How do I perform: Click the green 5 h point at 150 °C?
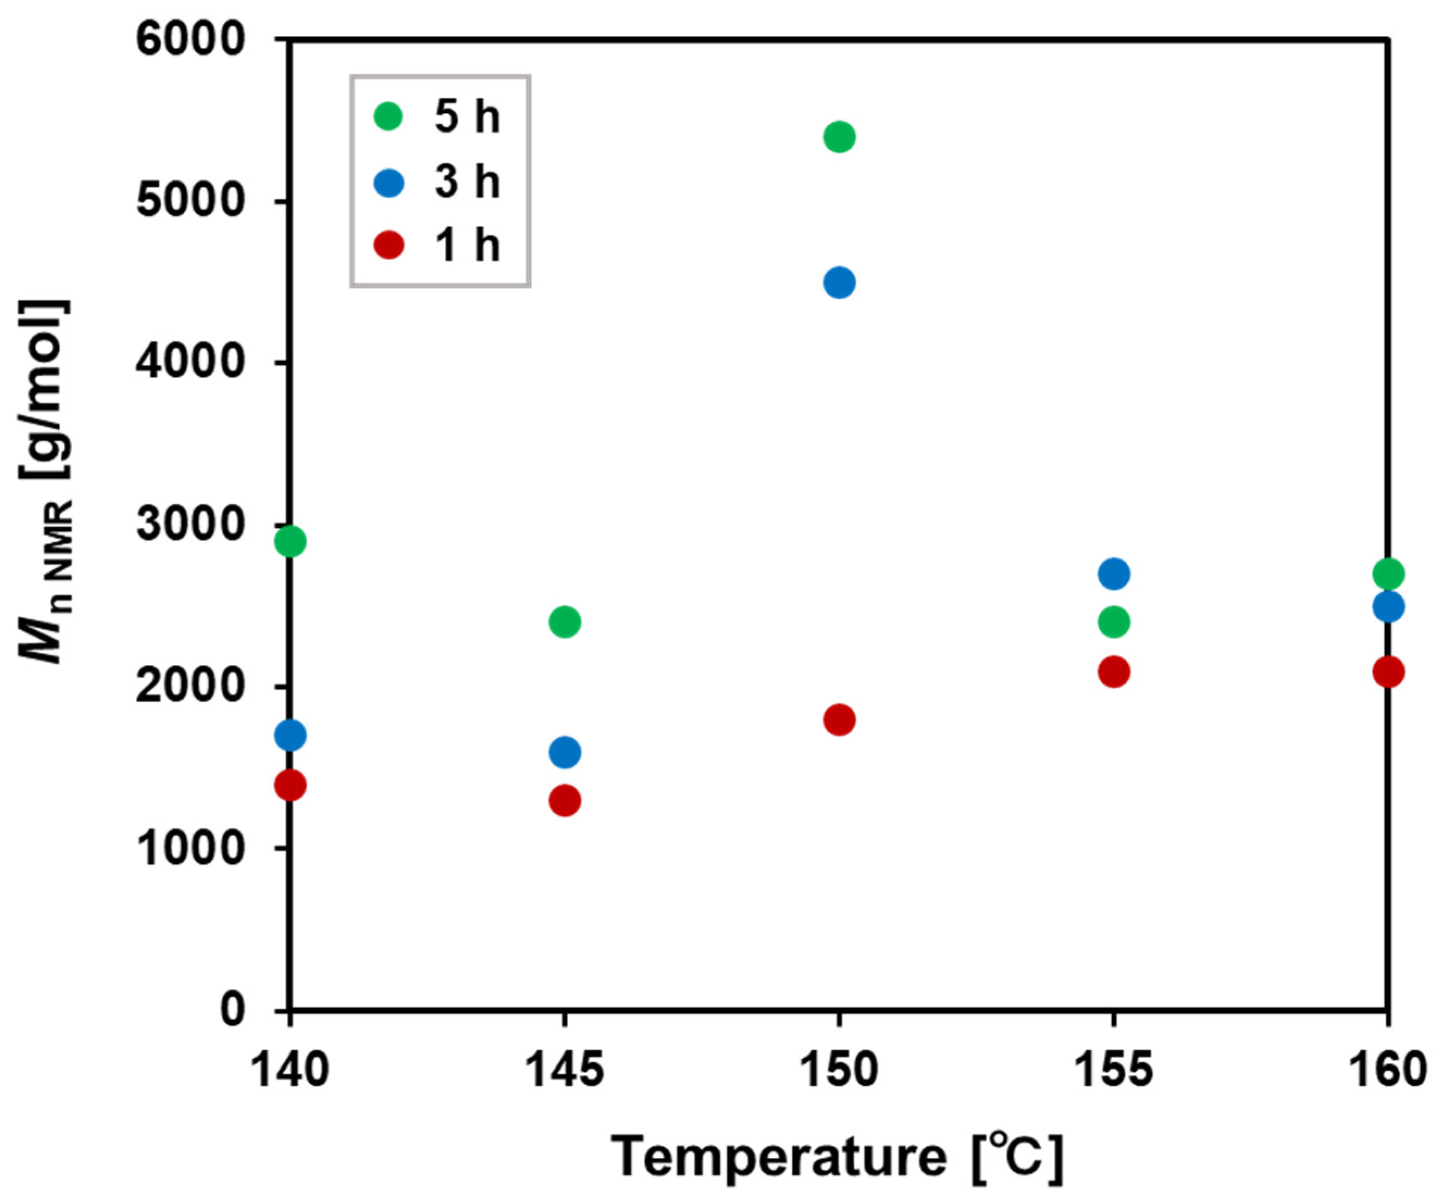point(838,136)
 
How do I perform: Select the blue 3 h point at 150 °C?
point(838,282)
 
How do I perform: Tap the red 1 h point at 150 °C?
point(838,719)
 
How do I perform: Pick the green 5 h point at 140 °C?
point(290,541)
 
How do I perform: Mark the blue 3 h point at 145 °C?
point(564,752)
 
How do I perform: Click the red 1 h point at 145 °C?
point(564,800)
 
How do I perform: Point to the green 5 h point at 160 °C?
point(1388,573)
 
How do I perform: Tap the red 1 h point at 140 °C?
point(290,784)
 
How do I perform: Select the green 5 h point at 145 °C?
point(564,622)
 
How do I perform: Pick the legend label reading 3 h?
point(467,182)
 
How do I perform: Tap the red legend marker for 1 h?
point(389,245)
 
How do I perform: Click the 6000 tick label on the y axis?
point(190,39)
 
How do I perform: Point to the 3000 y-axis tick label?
point(190,525)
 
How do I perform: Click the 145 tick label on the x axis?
point(564,1070)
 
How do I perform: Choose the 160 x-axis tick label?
point(1388,1070)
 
